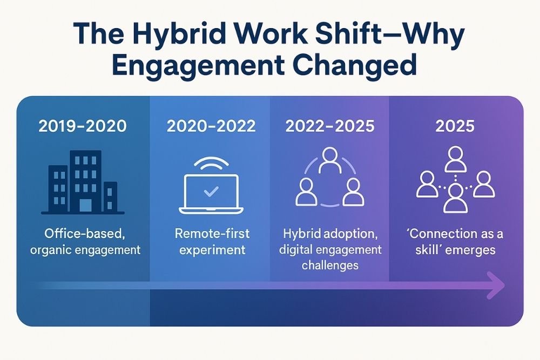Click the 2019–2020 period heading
coord(83,126)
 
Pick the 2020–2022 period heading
coord(211,126)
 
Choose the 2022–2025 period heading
coord(329,126)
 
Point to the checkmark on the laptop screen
coord(211,191)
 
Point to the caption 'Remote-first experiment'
coord(211,242)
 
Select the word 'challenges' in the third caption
coord(329,265)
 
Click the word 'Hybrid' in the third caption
coord(303,235)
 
